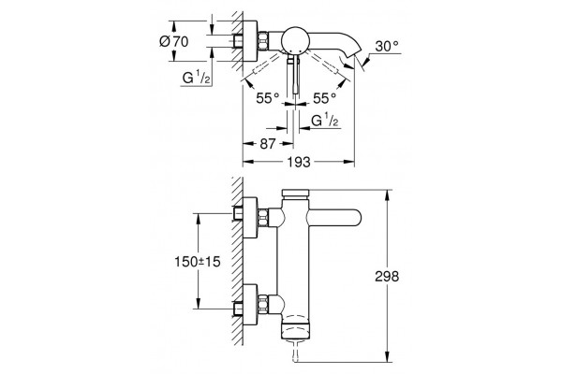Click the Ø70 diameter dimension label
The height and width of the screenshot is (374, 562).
click(174, 41)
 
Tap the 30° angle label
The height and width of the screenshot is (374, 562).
click(387, 46)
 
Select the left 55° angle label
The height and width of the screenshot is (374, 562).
click(267, 98)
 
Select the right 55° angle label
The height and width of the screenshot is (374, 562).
click(324, 98)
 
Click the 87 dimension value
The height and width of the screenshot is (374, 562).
click(268, 144)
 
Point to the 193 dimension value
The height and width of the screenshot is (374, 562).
click(299, 162)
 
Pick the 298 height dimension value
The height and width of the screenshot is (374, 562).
click(387, 277)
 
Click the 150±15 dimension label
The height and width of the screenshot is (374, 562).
click(198, 262)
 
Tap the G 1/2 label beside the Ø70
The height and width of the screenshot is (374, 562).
click(196, 78)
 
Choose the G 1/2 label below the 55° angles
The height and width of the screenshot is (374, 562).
click(325, 121)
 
